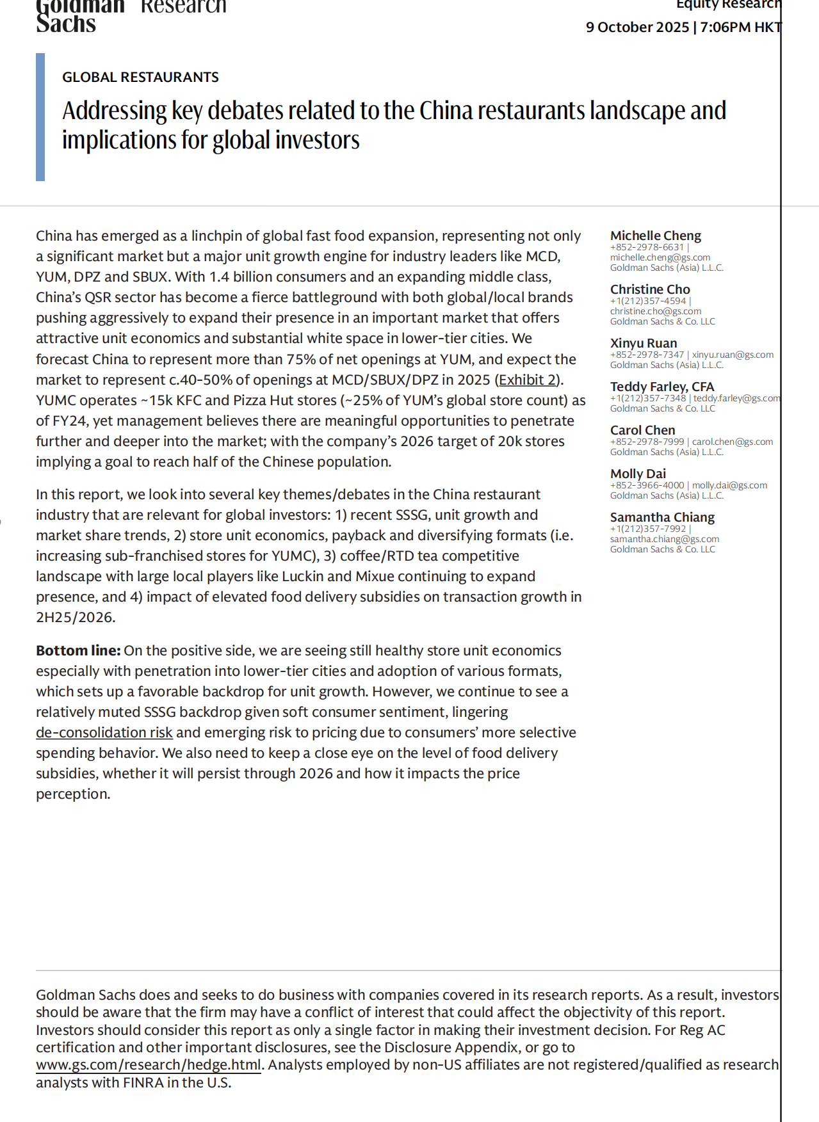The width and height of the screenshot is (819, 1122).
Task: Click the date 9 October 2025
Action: pos(637,27)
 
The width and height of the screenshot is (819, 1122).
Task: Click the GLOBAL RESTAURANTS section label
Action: pos(140,77)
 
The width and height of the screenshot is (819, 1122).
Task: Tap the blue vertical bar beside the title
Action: pos(40,117)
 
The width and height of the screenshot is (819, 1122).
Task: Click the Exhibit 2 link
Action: pos(528,380)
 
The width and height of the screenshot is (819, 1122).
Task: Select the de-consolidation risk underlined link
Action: pos(104,732)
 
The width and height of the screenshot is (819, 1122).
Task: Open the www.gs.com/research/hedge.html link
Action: pos(149,1064)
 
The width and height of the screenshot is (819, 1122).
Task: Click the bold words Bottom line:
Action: pos(78,650)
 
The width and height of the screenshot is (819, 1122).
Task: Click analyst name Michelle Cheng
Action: pos(656,236)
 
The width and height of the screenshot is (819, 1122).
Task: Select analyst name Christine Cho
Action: pos(650,289)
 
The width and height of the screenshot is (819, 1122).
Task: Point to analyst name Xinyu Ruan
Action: pos(644,343)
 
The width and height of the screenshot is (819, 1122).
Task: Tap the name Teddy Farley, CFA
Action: pos(662,387)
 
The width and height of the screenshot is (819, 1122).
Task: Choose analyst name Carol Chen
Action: pos(642,430)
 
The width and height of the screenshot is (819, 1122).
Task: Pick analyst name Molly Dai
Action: pos(638,474)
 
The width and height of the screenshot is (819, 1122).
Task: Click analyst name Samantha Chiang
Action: pos(662,517)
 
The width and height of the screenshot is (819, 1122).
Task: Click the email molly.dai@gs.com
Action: pos(729,485)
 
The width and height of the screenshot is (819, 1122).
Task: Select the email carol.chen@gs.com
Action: pos(732,442)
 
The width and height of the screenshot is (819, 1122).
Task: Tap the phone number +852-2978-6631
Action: pos(647,247)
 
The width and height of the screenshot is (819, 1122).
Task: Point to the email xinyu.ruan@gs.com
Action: pos(733,355)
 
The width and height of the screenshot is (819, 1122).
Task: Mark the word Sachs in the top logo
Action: pos(66,24)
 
